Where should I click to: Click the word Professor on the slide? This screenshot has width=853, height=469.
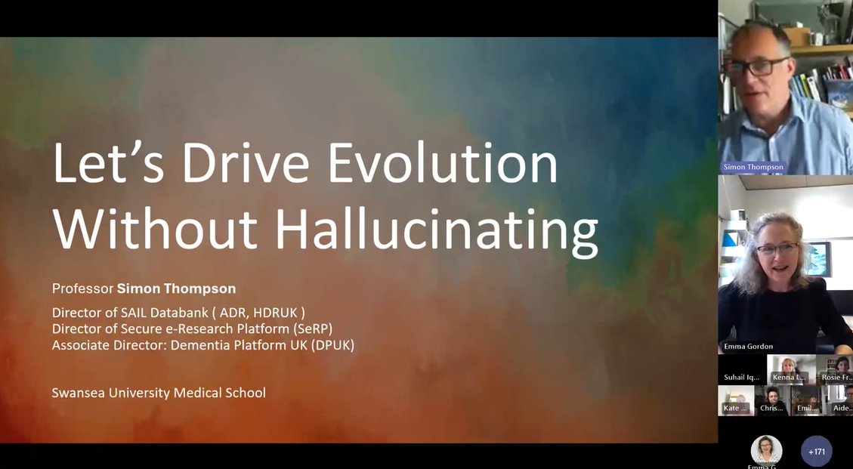tap(82, 288)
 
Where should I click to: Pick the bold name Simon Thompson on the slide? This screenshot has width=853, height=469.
tap(176, 288)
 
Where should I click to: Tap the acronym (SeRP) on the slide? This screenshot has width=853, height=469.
tap(309, 329)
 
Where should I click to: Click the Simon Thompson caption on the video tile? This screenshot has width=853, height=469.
tap(753, 167)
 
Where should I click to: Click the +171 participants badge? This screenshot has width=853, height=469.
tap(816, 452)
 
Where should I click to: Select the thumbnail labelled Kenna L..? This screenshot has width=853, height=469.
tap(791, 369)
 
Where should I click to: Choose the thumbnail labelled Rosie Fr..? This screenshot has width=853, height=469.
tap(837, 369)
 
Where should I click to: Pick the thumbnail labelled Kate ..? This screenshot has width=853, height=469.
tap(735, 400)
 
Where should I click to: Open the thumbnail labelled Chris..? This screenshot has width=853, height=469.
tap(772, 400)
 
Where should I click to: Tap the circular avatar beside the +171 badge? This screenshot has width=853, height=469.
tap(766, 450)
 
